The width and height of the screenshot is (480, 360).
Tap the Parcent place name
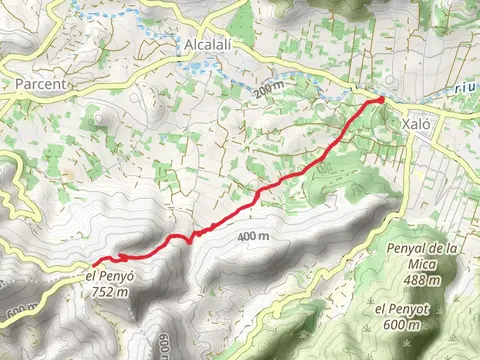coord(41,85)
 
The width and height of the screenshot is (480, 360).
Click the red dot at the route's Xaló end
coord(381,99)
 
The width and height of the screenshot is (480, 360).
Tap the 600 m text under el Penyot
coord(400,324)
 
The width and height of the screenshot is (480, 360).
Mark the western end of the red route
coord(94,263)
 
